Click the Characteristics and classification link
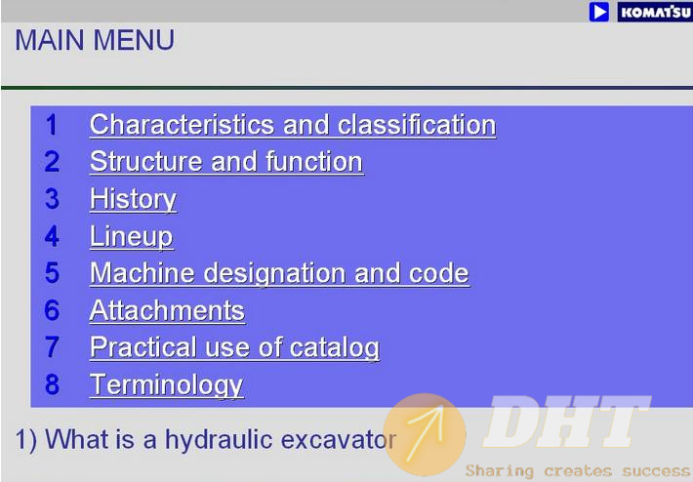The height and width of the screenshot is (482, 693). click(293, 125)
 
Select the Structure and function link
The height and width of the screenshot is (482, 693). click(226, 162)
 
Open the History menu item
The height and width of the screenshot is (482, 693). click(133, 200)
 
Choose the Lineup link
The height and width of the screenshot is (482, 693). click(131, 237)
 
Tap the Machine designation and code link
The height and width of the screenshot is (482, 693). click(279, 273)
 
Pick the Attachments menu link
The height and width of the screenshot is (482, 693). click(167, 310)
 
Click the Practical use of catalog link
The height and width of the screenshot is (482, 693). click(234, 347)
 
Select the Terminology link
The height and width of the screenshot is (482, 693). click(166, 385)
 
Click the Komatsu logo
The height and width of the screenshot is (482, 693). click(655, 12)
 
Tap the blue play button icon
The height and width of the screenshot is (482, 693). click(599, 12)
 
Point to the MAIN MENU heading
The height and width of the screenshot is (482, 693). click(95, 40)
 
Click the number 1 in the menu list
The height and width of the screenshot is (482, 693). click(52, 125)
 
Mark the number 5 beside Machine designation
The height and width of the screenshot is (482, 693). click(52, 272)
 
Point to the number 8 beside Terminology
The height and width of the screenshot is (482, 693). click(52, 384)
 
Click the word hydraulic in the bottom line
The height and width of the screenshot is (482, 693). click(219, 440)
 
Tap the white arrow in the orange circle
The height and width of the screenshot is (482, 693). click(426, 433)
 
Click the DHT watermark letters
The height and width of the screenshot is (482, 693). click(567, 422)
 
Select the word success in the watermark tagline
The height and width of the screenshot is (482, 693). click(657, 471)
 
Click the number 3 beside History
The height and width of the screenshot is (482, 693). click(52, 199)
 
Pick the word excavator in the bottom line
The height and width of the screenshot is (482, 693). click(339, 440)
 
